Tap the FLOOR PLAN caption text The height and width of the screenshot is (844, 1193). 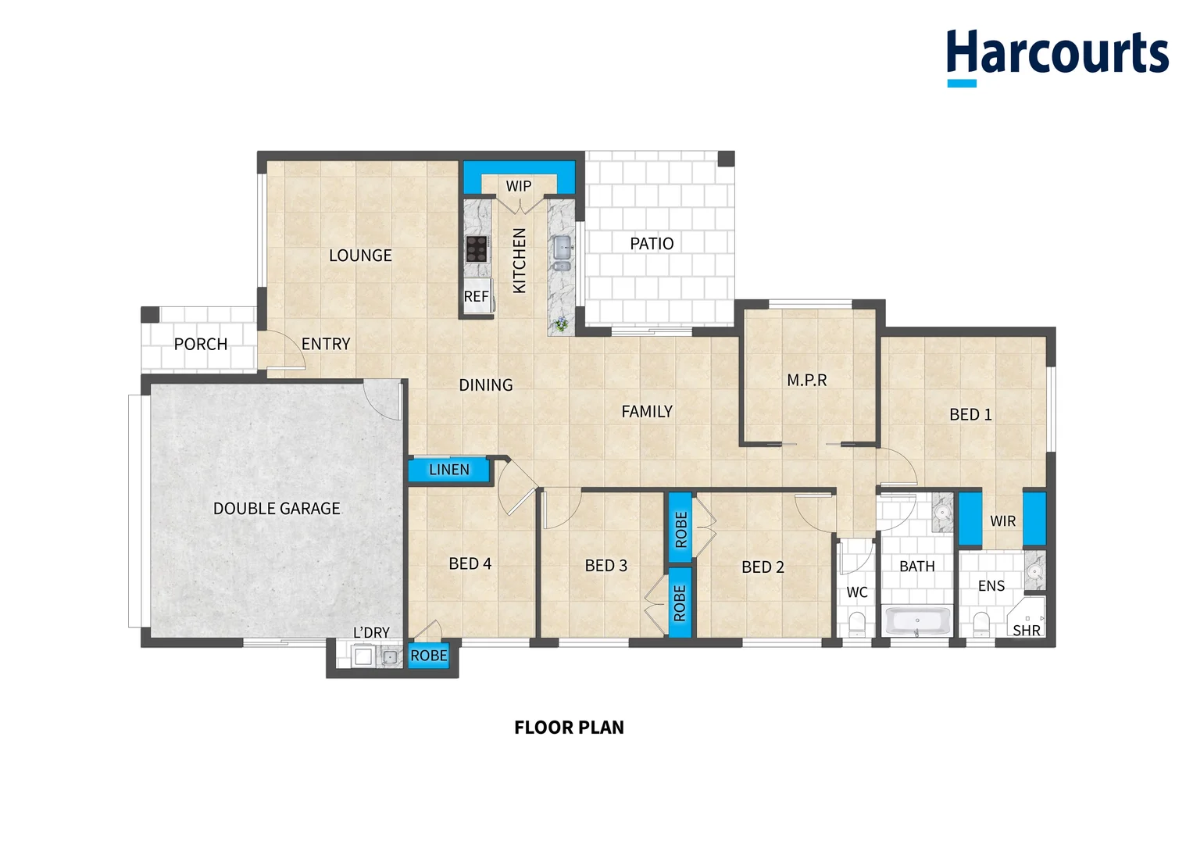click(569, 728)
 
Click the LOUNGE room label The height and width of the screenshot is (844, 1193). click(360, 256)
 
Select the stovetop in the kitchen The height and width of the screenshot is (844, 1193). click(477, 249)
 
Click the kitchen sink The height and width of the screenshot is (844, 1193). click(563, 249)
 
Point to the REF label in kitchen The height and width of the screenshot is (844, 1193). click(476, 297)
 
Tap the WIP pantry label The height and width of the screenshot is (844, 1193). click(519, 186)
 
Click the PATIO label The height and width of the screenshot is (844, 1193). click(652, 244)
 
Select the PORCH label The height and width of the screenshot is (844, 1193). click(201, 345)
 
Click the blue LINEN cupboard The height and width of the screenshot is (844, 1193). click(448, 470)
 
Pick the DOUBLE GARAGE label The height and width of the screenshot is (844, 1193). click(277, 509)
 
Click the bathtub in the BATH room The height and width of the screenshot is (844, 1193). click(916, 622)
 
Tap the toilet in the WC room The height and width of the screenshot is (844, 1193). click(857, 624)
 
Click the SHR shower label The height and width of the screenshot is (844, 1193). click(1027, 630)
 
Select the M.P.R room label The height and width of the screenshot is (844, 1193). click(807, 381)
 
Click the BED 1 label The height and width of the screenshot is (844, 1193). click(970, 415)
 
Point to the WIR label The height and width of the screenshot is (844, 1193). click(1002, 521)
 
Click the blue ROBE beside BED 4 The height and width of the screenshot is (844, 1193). click(429, 656)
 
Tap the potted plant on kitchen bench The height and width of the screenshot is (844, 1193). click(560, 324)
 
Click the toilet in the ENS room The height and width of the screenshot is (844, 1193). click(981, 624)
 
